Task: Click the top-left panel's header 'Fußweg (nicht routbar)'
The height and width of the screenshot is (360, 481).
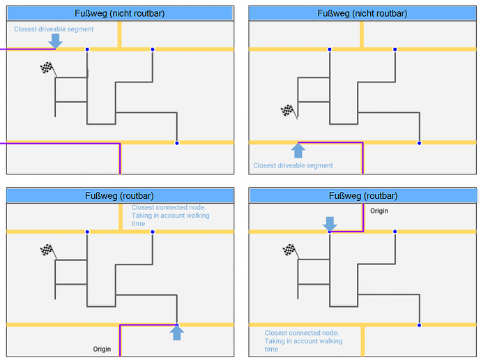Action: point(119,13)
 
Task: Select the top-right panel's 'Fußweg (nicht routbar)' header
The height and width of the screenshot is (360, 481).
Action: point(362,13)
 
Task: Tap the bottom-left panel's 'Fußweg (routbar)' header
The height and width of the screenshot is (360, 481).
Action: point(119,196)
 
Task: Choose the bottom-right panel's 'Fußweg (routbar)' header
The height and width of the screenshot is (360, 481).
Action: point(362,196)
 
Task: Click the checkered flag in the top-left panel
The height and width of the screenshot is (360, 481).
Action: point(47,68)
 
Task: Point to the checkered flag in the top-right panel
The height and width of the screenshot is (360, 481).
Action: point(288,110)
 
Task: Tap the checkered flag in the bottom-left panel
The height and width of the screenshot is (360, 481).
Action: point(47,250)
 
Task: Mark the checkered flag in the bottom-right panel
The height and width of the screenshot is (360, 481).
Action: point(288,250)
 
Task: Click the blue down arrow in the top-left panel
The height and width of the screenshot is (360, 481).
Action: point(55,41)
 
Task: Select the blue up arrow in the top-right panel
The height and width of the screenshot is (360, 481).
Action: point(298,151)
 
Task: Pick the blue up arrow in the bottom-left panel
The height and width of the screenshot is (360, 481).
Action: point(177,333)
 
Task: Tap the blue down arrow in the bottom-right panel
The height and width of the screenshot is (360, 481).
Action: point(330,224)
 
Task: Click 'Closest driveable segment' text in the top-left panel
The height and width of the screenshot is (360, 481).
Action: point(54,29)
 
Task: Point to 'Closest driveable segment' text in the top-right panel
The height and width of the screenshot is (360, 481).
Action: point(293,165)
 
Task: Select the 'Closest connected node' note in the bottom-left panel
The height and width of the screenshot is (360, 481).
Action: point(170,215)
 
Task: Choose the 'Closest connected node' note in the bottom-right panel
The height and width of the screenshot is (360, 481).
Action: point(303,341)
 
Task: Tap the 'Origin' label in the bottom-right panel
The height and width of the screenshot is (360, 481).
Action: point(379,211)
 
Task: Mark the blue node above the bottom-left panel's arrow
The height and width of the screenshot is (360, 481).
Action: point(177,324)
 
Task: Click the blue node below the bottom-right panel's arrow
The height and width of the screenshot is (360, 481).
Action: point(330,232)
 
